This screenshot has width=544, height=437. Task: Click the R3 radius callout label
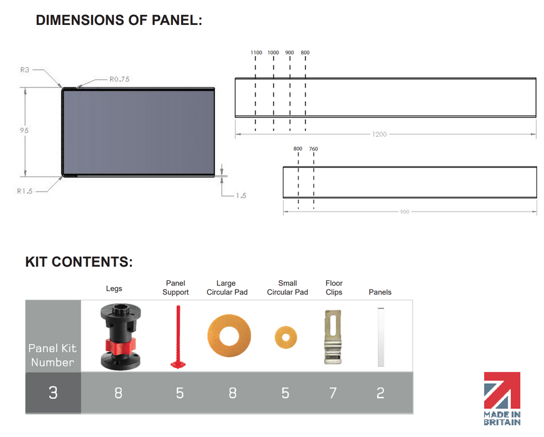pyautogui.click(x=24, y=70)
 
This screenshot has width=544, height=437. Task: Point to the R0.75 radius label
pyautogui.click(x=119, y=79)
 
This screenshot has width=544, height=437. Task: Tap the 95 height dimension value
pyautogui.click(x=24, y=130)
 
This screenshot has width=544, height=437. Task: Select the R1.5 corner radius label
pyautogui.click(x=24, y=191)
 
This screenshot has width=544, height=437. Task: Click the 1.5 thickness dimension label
pyautogui.click(x=241, y=195)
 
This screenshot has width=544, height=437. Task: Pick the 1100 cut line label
pyautogui.click(x=257, y=52)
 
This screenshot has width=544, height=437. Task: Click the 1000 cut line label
pyautogui.click(x=273, y=52)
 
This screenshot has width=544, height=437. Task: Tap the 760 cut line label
pyautogui.click(x=314, y=149)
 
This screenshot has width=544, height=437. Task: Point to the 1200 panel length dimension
pyautogui.click(x=379, y=134)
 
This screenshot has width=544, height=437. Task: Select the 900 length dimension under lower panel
pyautogui.click(x=405, y=212)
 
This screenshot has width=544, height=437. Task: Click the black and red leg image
pyautogui.click(x=121, y=336)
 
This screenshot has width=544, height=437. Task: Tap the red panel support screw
pyautogui.click(x=179, y=336)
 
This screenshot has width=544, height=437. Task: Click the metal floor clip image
pyautogui.click(x=333, y=336)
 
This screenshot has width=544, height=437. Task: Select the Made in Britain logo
pyautogui.click(x=502, y=399)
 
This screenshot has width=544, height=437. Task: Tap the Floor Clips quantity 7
pyautogui.click(x=333, y=393)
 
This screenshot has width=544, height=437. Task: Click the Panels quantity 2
pyautogui.click(x=380, y=393)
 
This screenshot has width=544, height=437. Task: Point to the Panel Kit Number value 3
pyautogui.click(x=53, y=393)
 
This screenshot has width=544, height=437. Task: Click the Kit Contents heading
pyautogui.click(x=79, y=262)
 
